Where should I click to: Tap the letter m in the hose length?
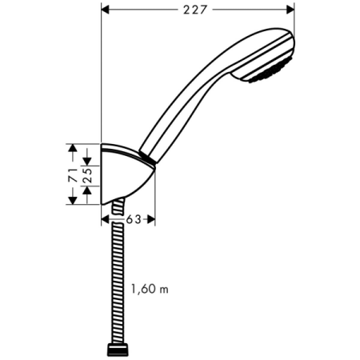point(165,288)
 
